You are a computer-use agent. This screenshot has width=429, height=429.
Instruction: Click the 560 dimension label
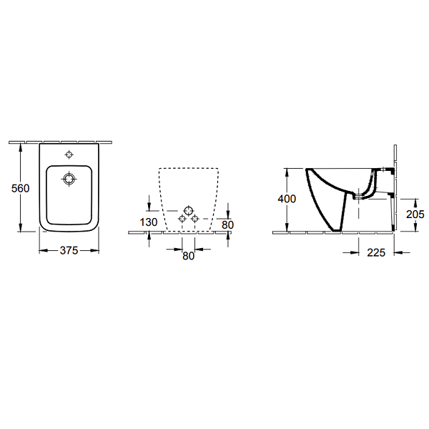tap(20, 188)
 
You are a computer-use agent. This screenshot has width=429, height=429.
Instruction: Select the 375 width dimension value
tap(69, 250)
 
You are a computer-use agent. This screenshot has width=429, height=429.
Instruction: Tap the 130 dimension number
tap(149, 222)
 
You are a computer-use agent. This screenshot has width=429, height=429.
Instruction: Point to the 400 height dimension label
tap(287, 199)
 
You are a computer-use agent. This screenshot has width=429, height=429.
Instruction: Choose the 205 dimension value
tap(415, 214)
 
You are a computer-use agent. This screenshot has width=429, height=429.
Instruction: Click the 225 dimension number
tap(376, 252)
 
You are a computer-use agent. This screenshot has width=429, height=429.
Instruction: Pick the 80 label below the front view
tap(188, 256)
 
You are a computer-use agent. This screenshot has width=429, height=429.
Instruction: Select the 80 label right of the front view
tap(227, 225)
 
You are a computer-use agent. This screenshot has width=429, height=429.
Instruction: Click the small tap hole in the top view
tap(69, 154)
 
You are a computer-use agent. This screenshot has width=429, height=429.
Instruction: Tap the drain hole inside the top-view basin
tap(69, 179)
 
